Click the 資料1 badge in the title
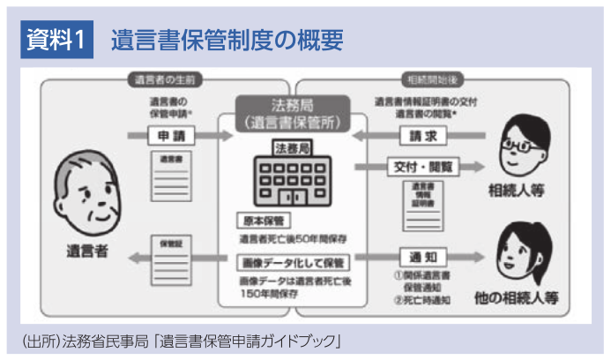tap(56, 39)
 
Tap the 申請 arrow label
tap(170, 137)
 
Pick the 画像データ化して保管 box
tap(293, 262)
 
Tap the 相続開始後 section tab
tap(426, 79)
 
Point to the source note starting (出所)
tap(176, 340)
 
